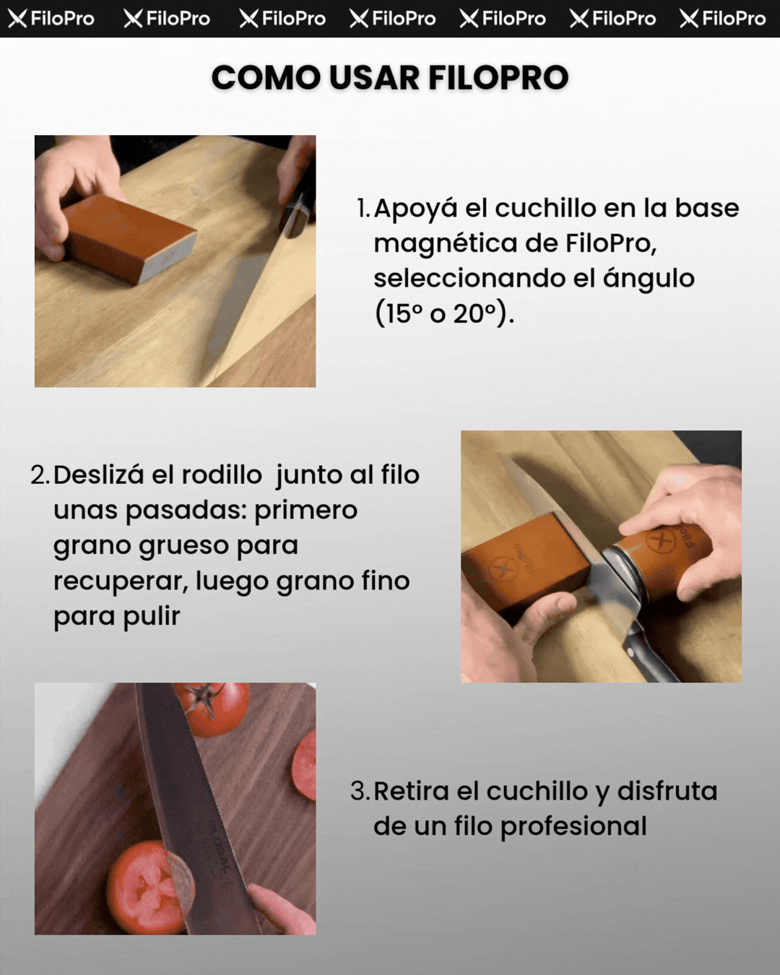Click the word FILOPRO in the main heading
pyautogui.click(x=498, y=77)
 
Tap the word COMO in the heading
pyautogui.click(x=266, y=77)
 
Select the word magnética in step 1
pyautogui.click(x=445, y=244)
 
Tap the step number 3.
pyautogui.click(x=360, y=792)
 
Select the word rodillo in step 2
pyautogui.click(x=222, y=474)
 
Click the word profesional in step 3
pyautogui.click(x=573, y=826)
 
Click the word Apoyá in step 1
pyautogui.click(x=415, y=209)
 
